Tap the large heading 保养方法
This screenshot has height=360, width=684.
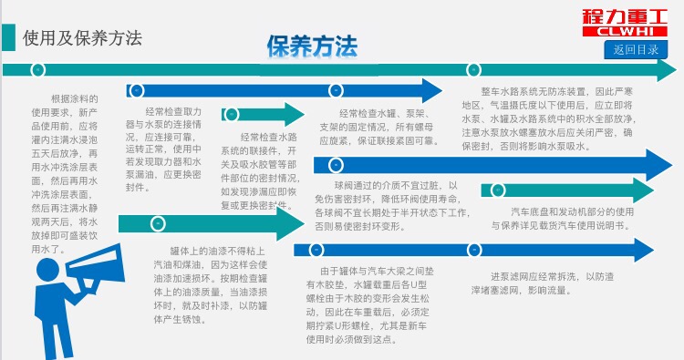pyautogui.click(x=312, y=46)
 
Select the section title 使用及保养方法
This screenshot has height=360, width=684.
pyautogui.click(x=83, y=38)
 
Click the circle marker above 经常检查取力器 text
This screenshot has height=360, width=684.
pyautogui.click(x=138, y=90)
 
